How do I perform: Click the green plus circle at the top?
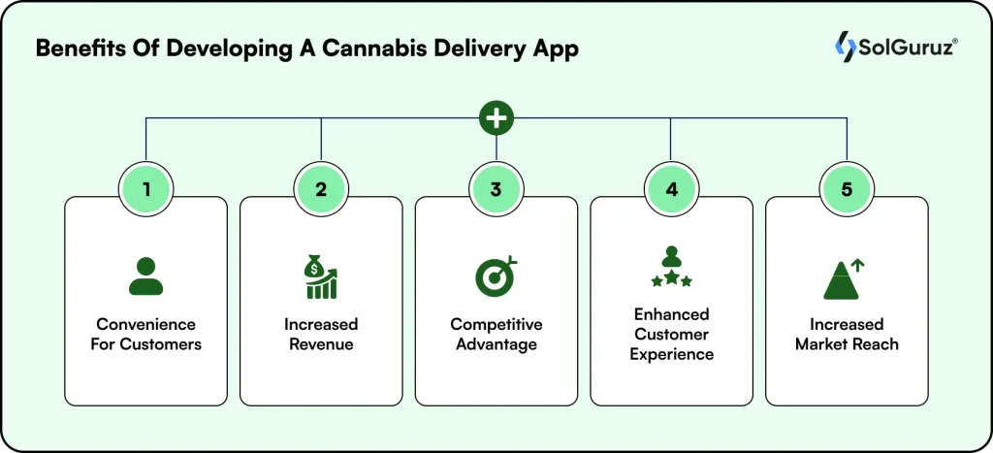point(496,118)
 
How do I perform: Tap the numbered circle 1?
point(145,189)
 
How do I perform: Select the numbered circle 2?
point(321,189)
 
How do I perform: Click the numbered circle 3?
point(496,189)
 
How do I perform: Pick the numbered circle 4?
point(671,189)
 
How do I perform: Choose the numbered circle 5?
point(847,189)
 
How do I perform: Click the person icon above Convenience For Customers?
point(145,275)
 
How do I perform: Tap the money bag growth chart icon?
point(321,275)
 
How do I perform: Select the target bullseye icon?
point(496,275)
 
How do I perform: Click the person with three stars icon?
point(671,267)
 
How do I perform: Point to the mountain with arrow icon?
point(845,278)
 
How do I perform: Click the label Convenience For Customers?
point(144,334)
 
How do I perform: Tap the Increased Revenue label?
point(321,334)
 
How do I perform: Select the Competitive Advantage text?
point(496,334)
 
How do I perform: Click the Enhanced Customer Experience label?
point(671,334)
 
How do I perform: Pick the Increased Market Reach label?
point(847,334)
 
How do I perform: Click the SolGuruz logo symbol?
point(844,46)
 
